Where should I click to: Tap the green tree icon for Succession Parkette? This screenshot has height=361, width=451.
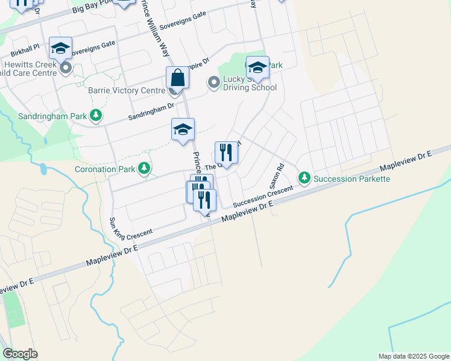[304, 177]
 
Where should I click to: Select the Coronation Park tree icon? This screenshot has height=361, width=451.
[144, 168]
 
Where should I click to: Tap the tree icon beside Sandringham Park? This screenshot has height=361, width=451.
[95, 114]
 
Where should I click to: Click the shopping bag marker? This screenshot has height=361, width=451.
[178, 78]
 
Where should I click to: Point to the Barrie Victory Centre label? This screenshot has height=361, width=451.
[127, 91]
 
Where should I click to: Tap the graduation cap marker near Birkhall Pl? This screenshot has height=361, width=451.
[60, 48]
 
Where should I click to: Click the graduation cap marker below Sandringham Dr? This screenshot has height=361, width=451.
[183, 130]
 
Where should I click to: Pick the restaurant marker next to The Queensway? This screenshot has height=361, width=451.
[226, 152]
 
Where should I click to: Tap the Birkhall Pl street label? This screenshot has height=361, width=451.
[25, 46]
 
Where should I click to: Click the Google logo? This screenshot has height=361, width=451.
[20, 354]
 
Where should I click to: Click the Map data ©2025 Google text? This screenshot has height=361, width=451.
[413, 356]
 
